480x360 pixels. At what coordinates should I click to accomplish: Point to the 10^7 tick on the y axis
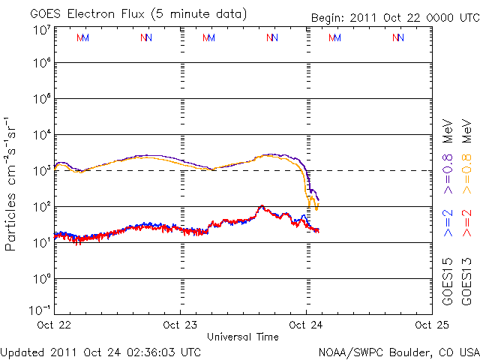(x=40, y=30)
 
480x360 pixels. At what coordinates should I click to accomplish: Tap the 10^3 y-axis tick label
(x=40, y=171)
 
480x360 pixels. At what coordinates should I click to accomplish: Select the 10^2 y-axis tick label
(x=40, y=207)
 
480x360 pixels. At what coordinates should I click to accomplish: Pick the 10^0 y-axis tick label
(x=40, y=279)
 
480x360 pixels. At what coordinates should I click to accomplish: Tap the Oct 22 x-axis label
(x=55, y=325)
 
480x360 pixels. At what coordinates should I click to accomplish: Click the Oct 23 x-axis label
(x=181, y=325)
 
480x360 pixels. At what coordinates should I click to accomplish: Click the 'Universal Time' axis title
(x=243, y=337)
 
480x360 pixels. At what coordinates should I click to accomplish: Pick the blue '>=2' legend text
(x=448, y=223)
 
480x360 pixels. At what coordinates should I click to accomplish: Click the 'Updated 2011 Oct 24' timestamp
(x=100, y=351)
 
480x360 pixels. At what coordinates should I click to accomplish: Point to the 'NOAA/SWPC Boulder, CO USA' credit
(x=398, y=351)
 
